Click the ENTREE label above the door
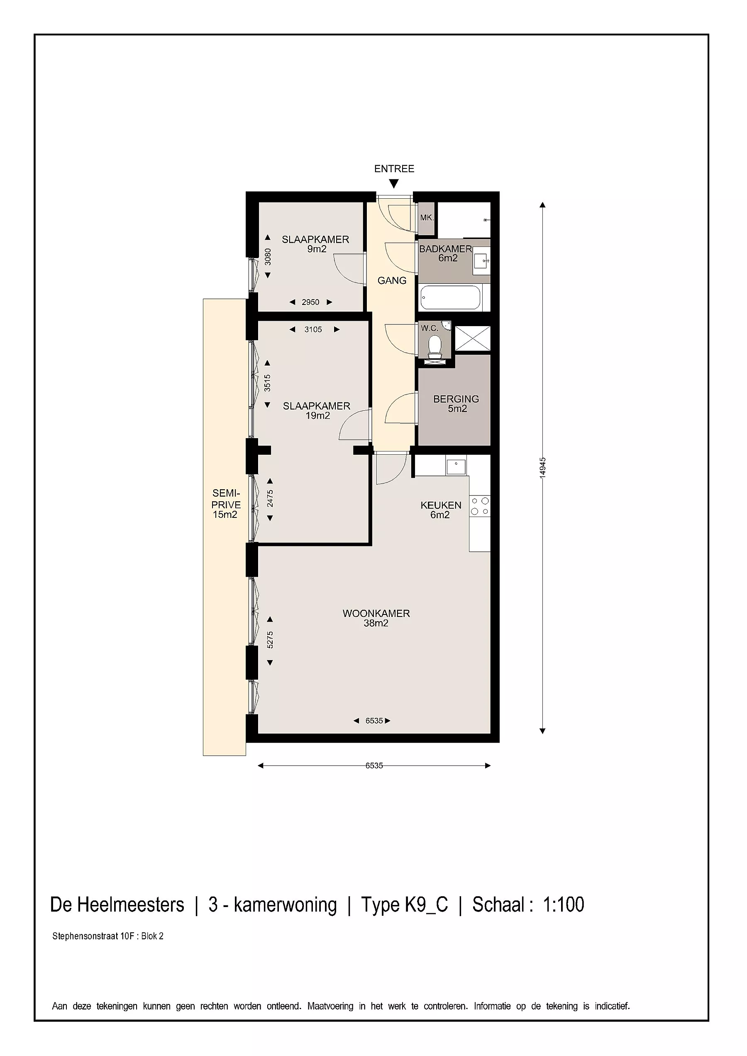coord(394,169)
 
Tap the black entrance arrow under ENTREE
coord(394,184)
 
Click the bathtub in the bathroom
coord(451,298)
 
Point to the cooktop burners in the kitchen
coord(480,506)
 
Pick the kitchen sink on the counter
coord(456,467)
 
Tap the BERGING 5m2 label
coord(456,403)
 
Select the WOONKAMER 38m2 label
coord(376,618)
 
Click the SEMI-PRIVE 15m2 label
coord(226,504)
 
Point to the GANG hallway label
coord(392,280)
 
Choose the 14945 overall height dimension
coord(543,468)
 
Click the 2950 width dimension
coord(310,302)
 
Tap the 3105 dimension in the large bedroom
coord(313,329)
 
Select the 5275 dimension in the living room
coord(270,640)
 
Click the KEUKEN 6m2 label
coord(441,510)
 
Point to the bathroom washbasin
coord(481,260)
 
